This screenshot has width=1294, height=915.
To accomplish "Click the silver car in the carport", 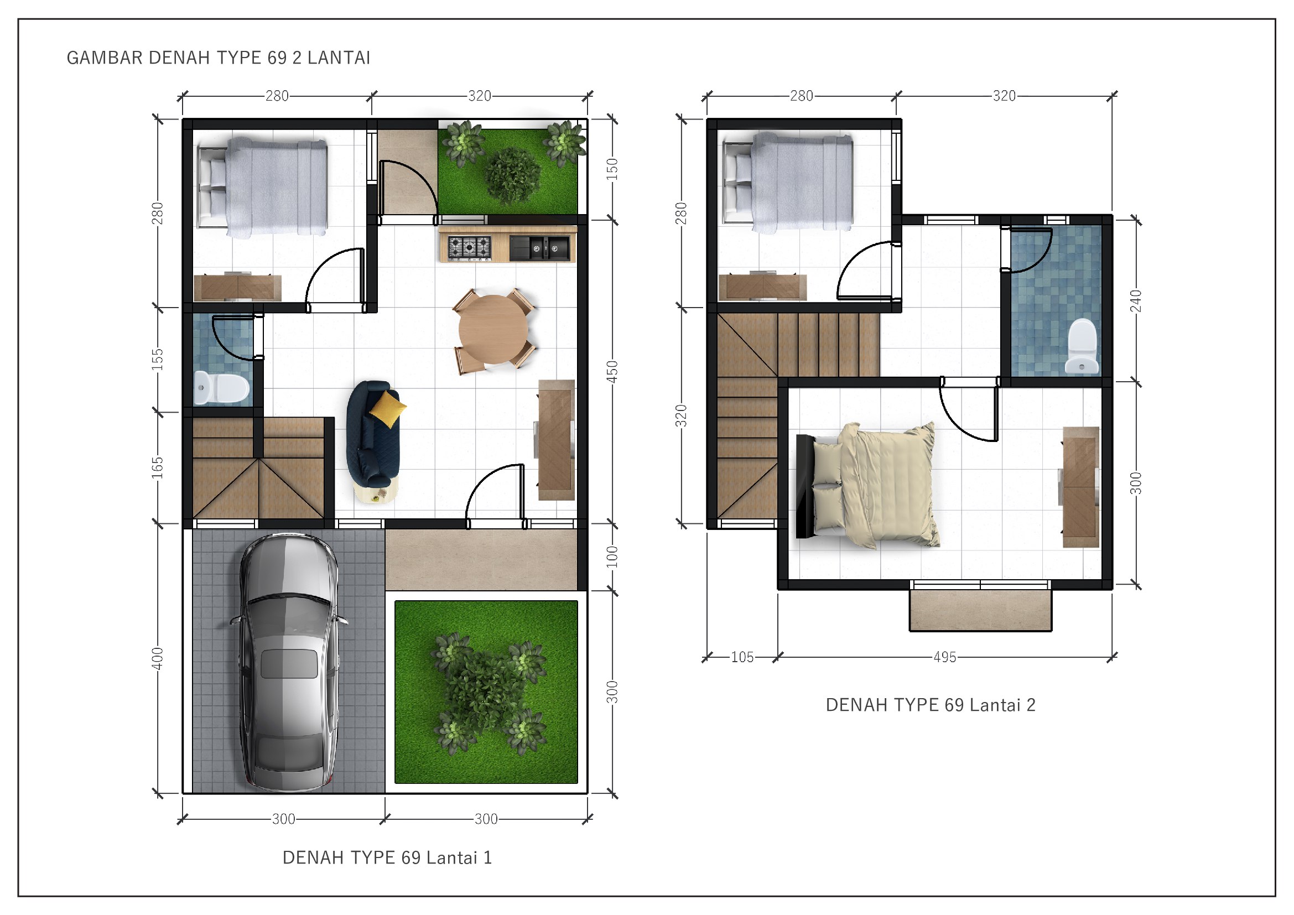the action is point(289,662).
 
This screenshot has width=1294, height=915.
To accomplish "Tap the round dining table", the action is point(493,329).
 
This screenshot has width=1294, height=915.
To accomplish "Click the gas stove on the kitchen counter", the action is point(469,247).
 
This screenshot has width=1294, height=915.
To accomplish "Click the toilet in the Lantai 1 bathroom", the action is point(221,388).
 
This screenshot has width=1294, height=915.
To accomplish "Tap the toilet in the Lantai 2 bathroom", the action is point(1082,346).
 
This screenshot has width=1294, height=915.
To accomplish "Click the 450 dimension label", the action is point(612,372).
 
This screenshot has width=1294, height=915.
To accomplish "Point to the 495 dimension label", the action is point(944,657).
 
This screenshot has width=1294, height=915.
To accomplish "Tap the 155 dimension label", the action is point(157,360).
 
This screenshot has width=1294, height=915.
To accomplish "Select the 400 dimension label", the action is point(157,659).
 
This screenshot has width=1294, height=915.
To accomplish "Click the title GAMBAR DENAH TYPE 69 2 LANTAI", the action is point(219,58).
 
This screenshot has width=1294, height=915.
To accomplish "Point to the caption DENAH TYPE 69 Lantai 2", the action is point(931,705).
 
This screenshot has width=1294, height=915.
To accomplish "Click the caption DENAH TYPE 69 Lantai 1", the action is point(387,857).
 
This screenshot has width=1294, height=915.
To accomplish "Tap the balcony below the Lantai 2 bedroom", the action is point(980,610).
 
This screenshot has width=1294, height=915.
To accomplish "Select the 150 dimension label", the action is point(612,169).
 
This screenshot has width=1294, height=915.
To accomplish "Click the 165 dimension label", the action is point(157,467).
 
